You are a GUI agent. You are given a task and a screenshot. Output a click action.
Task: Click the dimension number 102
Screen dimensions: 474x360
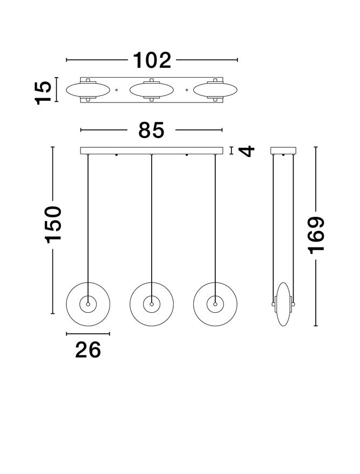[152, 60]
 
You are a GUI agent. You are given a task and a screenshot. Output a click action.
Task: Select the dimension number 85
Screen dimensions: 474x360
[151, 129]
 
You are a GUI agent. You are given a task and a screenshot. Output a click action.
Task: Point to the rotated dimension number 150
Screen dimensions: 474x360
[53, 223]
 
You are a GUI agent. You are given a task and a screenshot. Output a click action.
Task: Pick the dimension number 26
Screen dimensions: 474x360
[88, 350]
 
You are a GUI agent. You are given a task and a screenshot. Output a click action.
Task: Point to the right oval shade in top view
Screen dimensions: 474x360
[215, 90]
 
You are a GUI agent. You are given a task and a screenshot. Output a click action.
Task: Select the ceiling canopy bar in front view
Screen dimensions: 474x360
[151, 150]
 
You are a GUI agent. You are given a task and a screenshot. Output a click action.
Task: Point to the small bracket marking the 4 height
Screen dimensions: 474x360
[231, 150]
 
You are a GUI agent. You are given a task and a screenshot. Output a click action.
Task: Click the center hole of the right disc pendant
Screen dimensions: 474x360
[215, 305]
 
